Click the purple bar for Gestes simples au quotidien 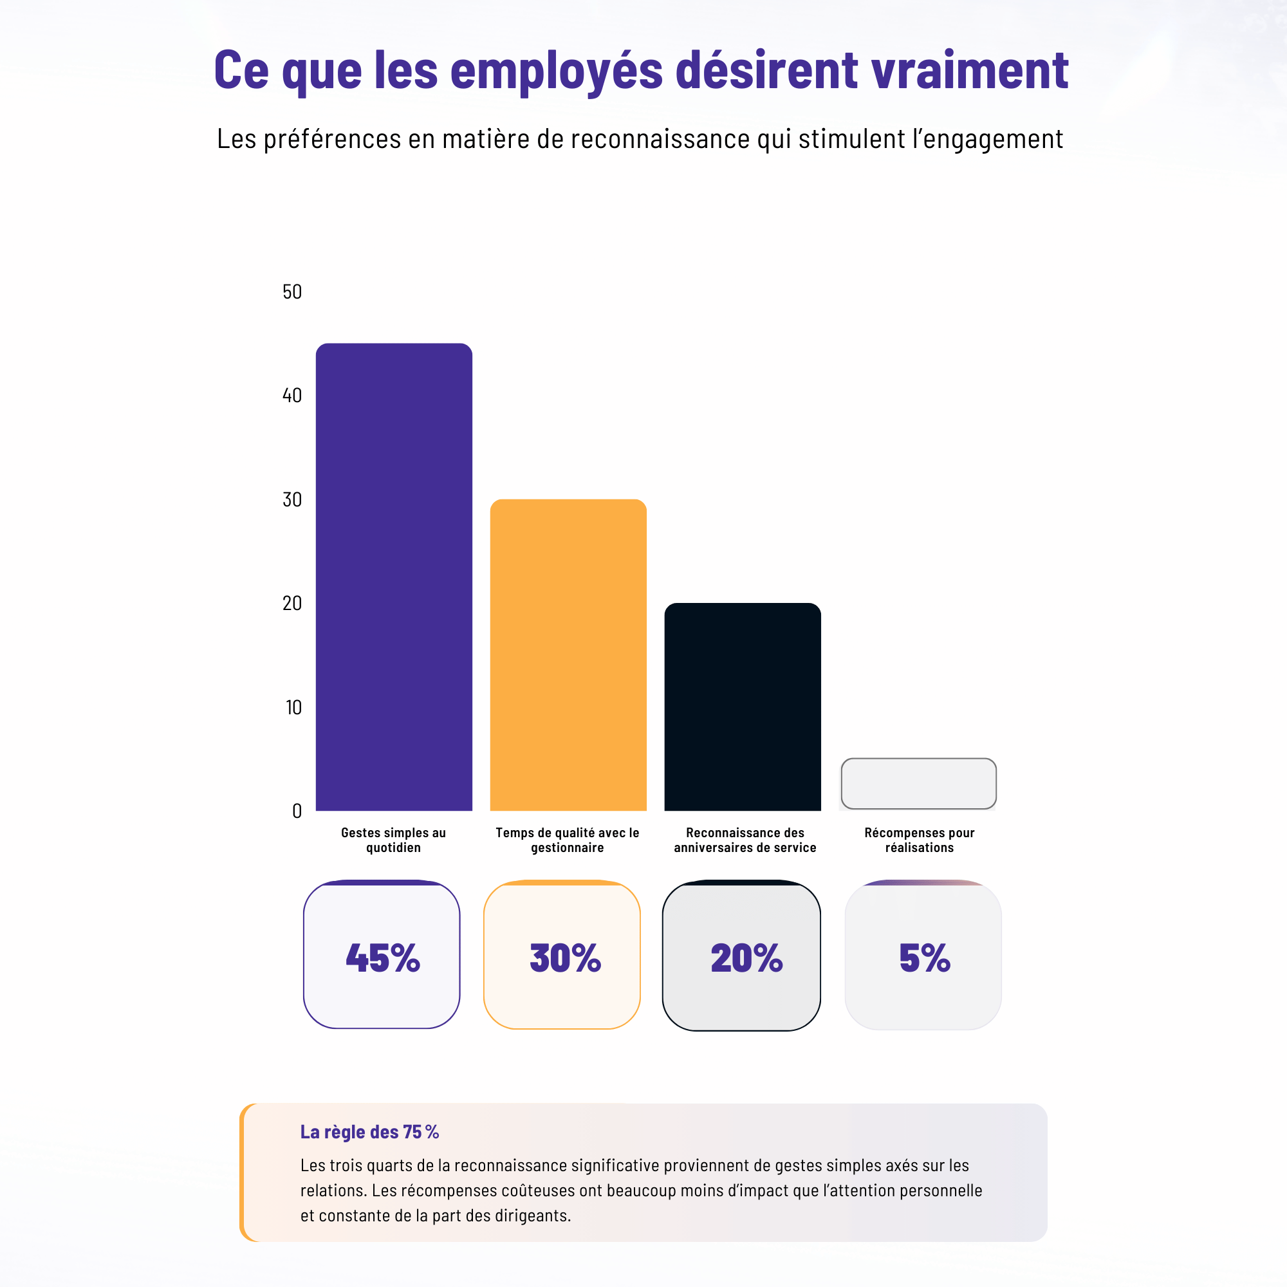tap(394, 577)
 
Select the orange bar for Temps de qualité tap(568, 655)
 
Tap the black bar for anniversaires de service tap(742, 707)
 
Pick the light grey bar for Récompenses tap(919, 783)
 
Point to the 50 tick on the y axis tap(292, 292)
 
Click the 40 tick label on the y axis tap(292, 396)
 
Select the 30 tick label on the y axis tap(292, 499)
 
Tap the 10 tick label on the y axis tap(293, 707)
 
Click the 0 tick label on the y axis tap(297, 811)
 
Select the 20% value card tap(741, 957)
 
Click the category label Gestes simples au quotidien tap(393, 840)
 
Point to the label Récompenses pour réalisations tap(920, 840)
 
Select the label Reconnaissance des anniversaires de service tap(745, 840)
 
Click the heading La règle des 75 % tap(369, 1132)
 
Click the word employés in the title tap(556, 70)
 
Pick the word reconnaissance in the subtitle tap(660, 138)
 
